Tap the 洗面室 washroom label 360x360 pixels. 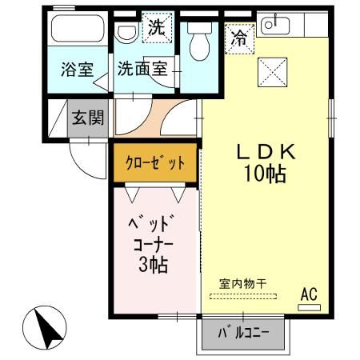click(x=142, y=69)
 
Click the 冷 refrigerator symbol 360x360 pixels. click(x=238, y=37)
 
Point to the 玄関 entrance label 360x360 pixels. click(x=86, y=118)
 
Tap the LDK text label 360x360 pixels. click(x=267, y=150)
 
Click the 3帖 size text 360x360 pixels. click(x=152, y=265)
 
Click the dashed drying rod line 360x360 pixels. click(x=241, y=295)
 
